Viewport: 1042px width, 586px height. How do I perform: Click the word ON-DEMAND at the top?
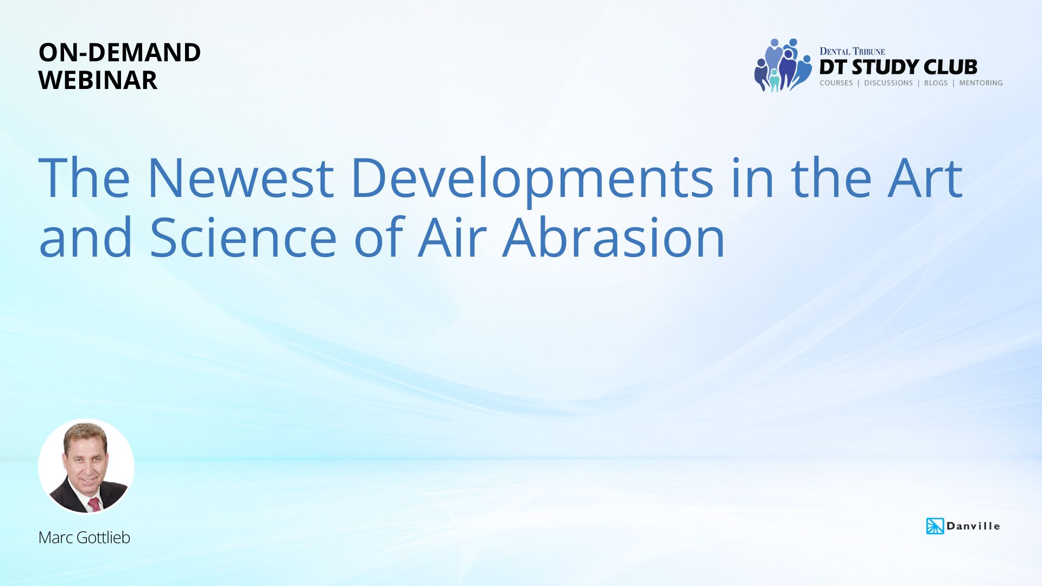pyautogui.click(x=119, y=53)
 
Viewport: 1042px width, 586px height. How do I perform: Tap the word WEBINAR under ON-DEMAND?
pyautogui.click(x=98, y=80)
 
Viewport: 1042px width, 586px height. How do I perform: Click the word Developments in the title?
pyautogui.click(x=532, y=181)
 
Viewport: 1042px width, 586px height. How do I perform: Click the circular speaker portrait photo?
pyautogui.click(x=86, y=466)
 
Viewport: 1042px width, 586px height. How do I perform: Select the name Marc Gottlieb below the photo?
pyautogui.click(x=84, y=537)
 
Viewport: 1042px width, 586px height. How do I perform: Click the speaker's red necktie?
pyautogui.click(x=94, y=504)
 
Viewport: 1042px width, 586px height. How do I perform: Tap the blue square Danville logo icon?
pyautogui.click(x=935, y=526)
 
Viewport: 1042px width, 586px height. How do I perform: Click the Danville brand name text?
pyautogui.click(x=973, y=526)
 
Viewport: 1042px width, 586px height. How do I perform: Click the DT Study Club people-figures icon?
pyautogui.click(x=783, y=65)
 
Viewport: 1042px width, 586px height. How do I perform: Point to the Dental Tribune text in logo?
pyautogui.click(x=852, y=52)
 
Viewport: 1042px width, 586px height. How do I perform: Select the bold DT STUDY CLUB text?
pyautogui.click(x=898, y=67)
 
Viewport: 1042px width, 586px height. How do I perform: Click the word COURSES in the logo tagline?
pyautogui.click(x=836, y=83)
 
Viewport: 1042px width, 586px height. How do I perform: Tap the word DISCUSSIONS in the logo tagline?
pyautogui.click(x=888, y=83)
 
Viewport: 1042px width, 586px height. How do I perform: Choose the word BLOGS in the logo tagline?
pyautogui.click(x=936, y=83)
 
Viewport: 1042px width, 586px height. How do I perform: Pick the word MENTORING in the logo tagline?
pyautogui.click(x=981, y=83)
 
